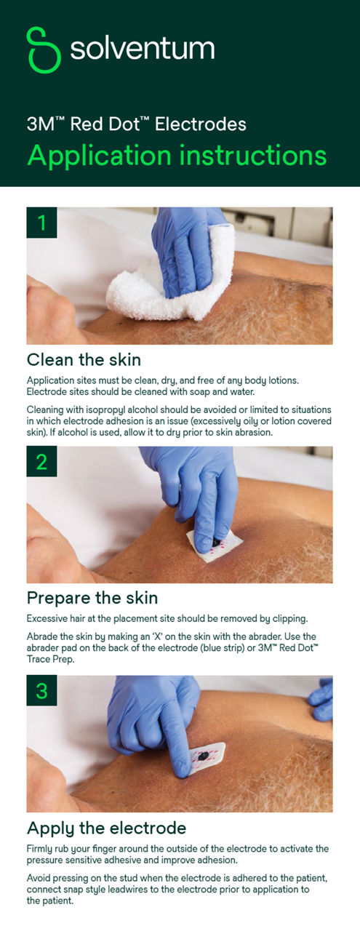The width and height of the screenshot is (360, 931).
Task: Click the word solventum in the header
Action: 142,49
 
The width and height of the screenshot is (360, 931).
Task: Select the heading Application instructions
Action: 176,155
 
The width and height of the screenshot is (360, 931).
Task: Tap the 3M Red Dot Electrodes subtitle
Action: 136,124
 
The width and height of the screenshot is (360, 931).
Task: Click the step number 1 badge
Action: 41,223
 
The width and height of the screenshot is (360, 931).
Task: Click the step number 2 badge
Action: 41,462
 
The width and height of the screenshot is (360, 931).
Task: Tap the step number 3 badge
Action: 41,690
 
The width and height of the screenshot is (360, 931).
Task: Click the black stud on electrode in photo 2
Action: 218,542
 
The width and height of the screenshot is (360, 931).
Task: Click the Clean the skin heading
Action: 84,359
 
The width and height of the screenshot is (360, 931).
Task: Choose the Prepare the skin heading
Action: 92,598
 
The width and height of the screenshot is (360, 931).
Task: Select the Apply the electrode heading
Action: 106,828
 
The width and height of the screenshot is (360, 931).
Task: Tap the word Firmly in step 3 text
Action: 40,848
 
